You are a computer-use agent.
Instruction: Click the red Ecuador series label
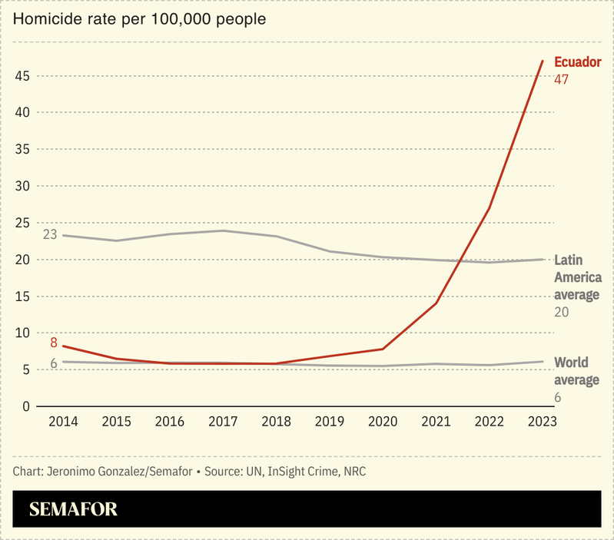coord(577,63)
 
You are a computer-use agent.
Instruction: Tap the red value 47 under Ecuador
coord(561,79)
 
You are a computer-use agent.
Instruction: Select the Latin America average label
coord(577,277)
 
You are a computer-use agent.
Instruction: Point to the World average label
coord(576,371)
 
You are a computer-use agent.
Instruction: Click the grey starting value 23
coord(50,234)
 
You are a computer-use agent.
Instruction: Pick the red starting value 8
coord(54,343)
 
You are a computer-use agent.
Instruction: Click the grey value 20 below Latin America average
coord(562,312)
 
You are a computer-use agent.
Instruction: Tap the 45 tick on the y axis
coord(22,76)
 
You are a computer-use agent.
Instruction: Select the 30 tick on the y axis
coord(22,187)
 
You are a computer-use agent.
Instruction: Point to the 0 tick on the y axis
coord(26,407)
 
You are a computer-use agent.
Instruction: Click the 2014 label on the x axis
coord(63,422)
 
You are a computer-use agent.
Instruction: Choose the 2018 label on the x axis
coord(276,422)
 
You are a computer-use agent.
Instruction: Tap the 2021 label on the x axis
coord(436,422)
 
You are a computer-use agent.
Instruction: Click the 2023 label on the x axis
coord(543,422)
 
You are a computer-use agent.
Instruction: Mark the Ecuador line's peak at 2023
coord(543,61)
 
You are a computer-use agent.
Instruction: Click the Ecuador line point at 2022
coord(490,208)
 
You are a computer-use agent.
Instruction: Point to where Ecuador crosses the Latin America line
coord(460,261)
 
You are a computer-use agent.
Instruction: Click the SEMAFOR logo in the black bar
coord(73,509)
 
